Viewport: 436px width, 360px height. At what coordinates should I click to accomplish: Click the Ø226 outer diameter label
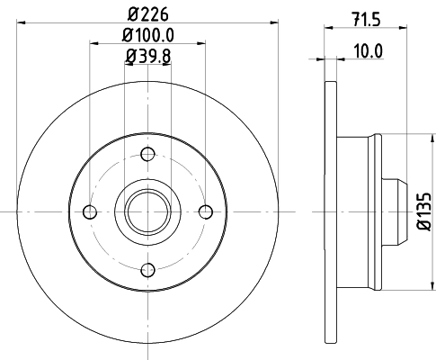click(147, 13)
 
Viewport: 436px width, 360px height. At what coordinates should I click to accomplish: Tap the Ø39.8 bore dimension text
click(147, 59)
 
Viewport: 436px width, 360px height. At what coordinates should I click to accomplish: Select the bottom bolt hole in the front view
click(147, 270)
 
